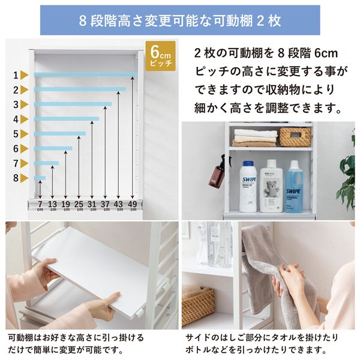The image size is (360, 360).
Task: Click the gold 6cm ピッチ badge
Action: click(160, 56)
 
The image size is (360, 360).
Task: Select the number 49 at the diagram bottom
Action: click(133, 204)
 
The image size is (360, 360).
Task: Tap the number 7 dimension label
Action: click(40, 204)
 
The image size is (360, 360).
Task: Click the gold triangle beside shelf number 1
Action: click(24, 76)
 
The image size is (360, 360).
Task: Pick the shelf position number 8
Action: click(16, 178)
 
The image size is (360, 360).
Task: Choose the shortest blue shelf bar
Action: click(40, 178)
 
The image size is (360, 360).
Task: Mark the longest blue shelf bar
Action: click(86, 74)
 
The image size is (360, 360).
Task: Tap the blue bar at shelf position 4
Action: click(67, 119)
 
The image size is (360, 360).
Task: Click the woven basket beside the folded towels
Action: click(295, 137)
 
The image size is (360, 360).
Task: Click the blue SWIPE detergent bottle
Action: click(294, 187)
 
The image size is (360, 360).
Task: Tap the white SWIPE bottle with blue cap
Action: click(248, 187)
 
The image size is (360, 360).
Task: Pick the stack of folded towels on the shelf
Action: click(255, 138)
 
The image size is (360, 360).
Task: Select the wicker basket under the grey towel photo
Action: click(199, 303)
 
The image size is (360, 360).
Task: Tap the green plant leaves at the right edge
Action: click(348, 175)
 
